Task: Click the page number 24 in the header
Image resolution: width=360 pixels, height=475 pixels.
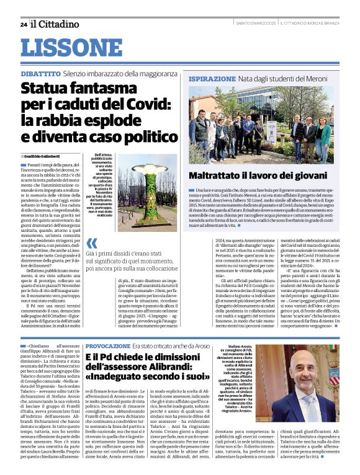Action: tap(23, 24)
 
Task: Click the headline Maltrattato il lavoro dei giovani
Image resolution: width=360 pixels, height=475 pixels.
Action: tap(258, 176)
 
